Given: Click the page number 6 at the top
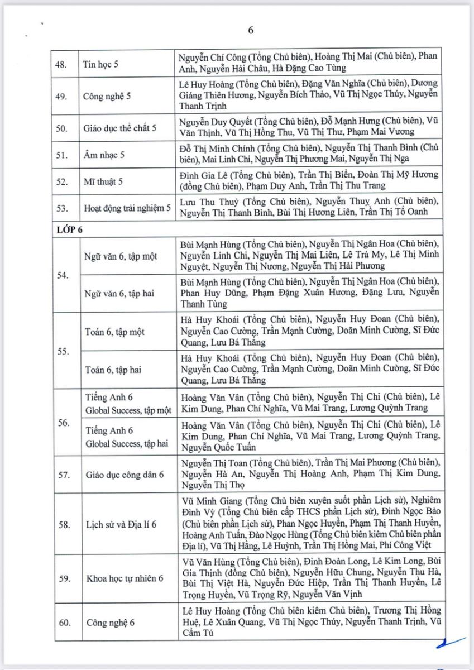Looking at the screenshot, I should point(251,31).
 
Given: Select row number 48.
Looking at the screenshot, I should point(63,63).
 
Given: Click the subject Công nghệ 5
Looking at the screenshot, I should point(107,96).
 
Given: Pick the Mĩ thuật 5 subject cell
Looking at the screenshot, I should point(102,181).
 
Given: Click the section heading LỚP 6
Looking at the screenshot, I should point(70,228).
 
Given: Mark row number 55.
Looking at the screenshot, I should point(63,351).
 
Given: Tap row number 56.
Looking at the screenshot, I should point(63,422).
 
